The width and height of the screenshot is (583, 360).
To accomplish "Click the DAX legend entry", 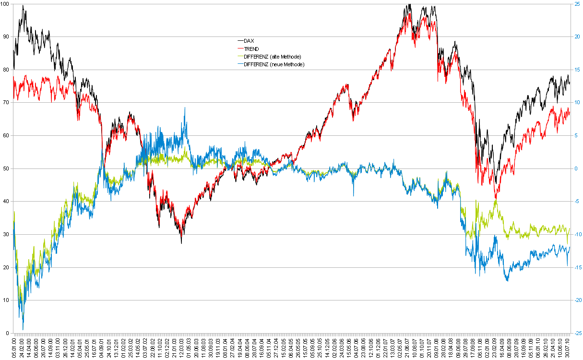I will (249, 41).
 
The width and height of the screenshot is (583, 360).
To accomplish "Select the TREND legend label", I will (251, 48).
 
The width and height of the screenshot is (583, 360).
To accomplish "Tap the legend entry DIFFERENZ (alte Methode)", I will (272, 56).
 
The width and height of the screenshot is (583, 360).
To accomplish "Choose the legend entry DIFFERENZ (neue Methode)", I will (274, 64).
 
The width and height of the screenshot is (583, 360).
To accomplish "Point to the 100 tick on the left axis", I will (6, 4).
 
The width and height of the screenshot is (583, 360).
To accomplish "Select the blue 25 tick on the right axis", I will (577, 4).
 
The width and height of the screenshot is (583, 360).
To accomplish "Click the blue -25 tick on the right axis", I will (577, 333).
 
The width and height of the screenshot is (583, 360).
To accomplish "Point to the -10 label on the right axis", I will (577, 234).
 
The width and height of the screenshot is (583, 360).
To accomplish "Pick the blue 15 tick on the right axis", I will (577, 70).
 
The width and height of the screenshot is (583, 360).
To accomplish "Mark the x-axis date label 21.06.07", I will (407, 347).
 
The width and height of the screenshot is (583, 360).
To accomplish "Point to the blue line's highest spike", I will (185, 108).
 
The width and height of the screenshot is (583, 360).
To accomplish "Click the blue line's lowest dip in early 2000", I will (23, 329).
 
